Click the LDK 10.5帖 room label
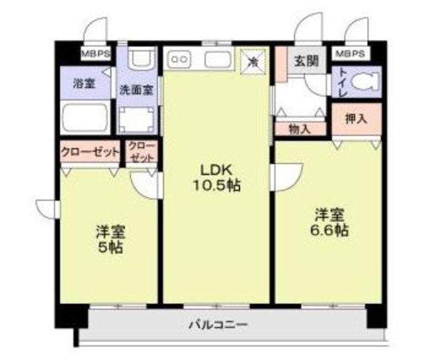click(216, 178)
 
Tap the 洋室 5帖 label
click(110, 239)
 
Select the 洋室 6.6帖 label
click(329, 222)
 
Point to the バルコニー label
click(218, 325)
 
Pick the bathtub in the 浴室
click(85, 117)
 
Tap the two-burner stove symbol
click(179, 59)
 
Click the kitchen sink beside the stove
click(218, 59)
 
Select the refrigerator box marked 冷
click(253, 62)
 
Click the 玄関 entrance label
click(306, 60)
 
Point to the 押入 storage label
click(356, 118)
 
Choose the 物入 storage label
click(299, 129)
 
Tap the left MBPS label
click(96, 54)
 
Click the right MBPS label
click(350, 53)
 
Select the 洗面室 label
click(137, 90)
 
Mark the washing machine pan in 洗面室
click(137, 120)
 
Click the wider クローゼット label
click(90, 152)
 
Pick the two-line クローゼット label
click(141, 152)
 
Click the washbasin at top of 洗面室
click(142, 58)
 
